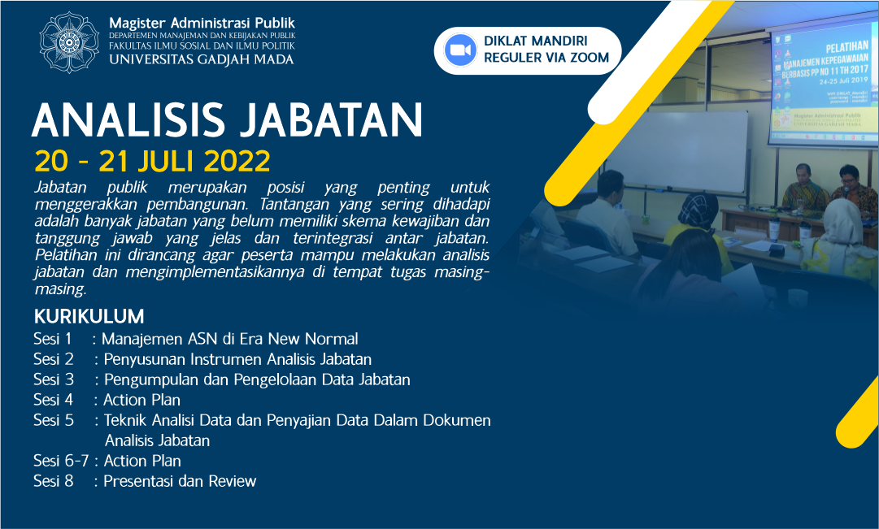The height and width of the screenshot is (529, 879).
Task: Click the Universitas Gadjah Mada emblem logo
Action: click(x=69, y=39)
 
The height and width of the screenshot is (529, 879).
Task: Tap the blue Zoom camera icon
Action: click(x=459, y=50)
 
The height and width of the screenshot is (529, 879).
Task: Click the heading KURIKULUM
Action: click(x=89, y=316)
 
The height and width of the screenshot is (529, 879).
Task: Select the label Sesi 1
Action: click(x=53, y=339)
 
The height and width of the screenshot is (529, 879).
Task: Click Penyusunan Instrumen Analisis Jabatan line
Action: click(x=237, y=359)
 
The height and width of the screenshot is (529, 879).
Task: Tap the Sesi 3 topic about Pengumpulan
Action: click(x=256, y=379)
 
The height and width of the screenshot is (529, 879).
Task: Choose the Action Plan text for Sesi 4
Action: click(x=142, y=400)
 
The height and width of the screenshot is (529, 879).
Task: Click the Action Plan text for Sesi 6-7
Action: click(x=142, y=461)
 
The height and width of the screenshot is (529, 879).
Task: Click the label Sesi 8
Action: click(x=54, y=481)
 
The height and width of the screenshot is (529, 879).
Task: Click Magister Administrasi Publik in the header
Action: click(x=202, y=22)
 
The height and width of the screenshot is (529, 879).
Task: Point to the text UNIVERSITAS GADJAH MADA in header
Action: click(x=202, y=59)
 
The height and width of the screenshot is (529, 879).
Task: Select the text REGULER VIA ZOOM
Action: click(x=546, y=58)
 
